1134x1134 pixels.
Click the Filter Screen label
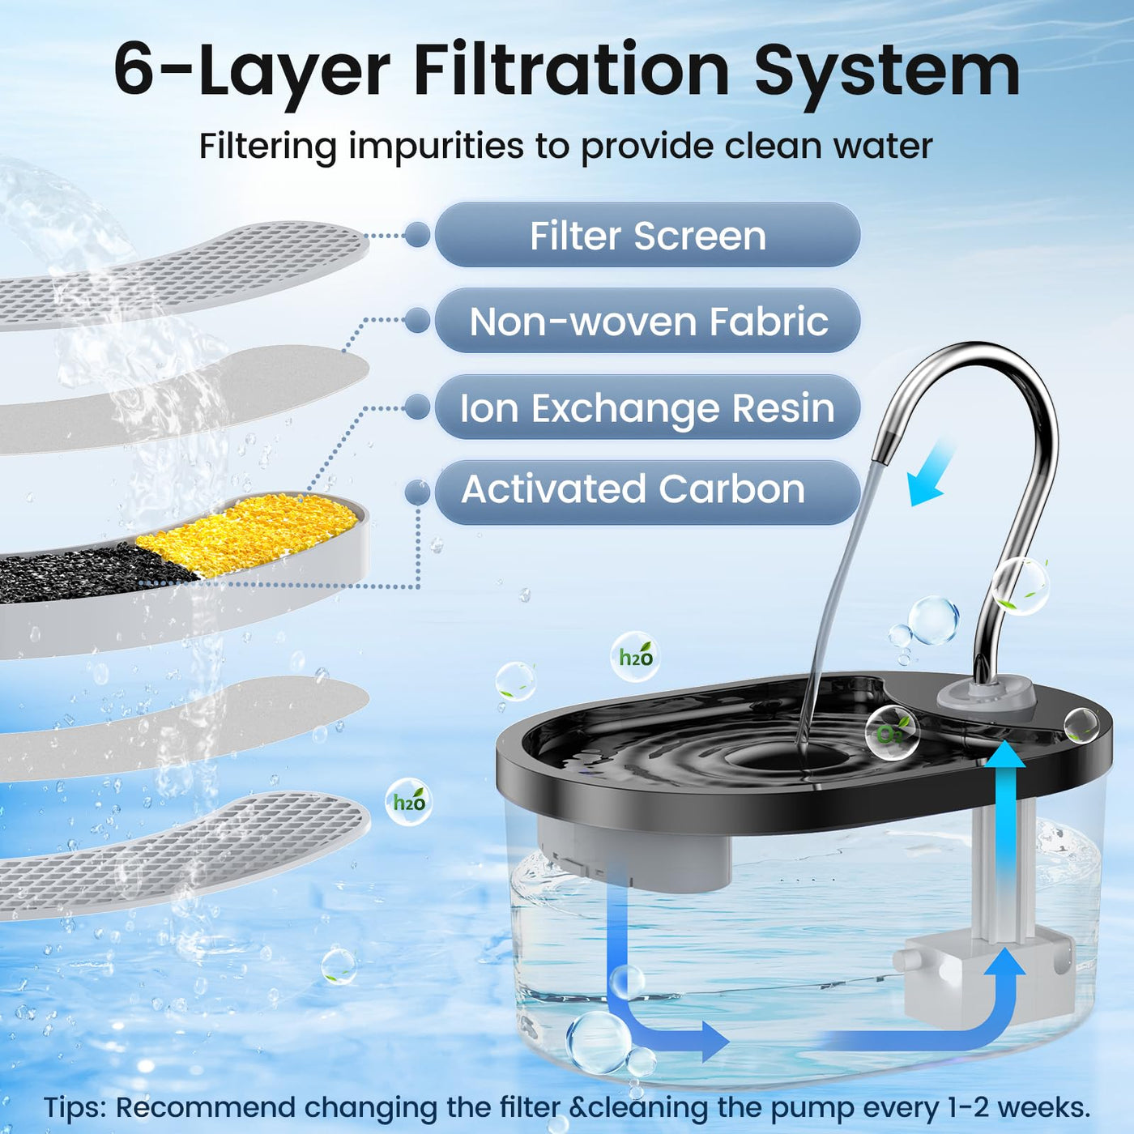pos(647,236)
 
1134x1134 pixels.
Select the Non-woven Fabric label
pos(647,322)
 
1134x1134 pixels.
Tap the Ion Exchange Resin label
pos(647,407)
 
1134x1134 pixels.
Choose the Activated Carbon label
pos(647,492)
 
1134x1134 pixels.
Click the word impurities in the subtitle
pos(436,147)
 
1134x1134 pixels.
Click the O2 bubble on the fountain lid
pos(892,734)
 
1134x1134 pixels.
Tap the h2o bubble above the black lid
pos(635,657)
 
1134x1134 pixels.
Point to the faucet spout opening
pos(880,455)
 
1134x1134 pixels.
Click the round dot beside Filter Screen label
pos(417,235)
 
